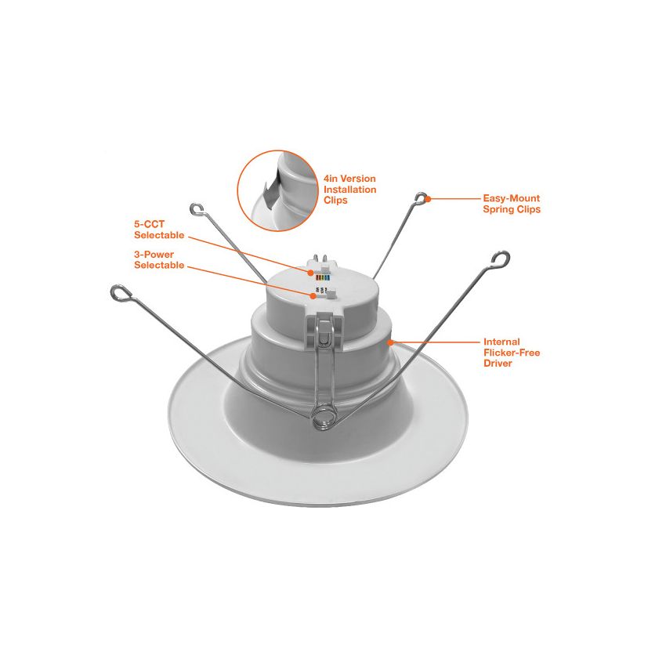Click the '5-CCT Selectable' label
coord(159,230)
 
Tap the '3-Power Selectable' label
coord(159,259)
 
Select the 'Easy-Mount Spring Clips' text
coord(512,204)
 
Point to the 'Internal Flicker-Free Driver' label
coord(512,353)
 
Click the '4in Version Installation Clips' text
coord(349,190)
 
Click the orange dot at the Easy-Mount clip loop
coord(428,198)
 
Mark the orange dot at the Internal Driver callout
coord(390,342)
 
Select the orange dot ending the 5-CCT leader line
coord(311,272)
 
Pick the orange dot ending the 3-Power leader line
coord(313,295)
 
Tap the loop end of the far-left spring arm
coord(121,292)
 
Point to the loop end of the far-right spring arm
coord(501,259)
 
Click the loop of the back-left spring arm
coord(197,209)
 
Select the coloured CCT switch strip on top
coord(322,278)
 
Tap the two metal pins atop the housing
coord(320,259)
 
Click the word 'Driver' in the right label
coord(498,363)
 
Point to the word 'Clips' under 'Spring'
coord(527,209)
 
